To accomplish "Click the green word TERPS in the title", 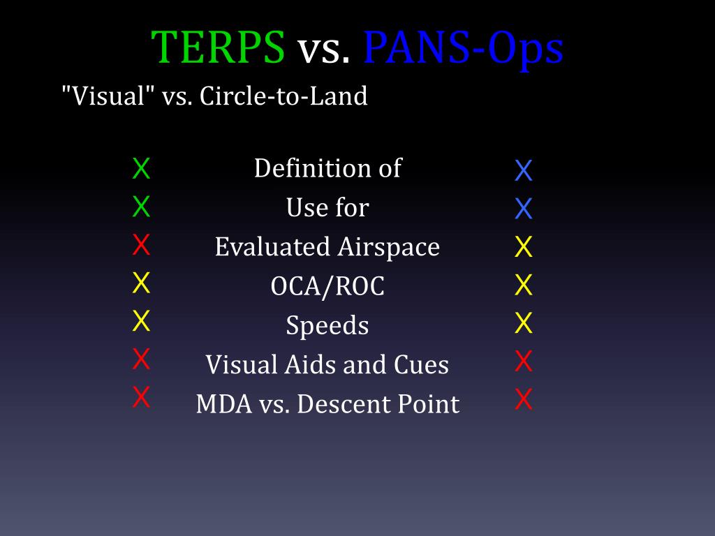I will pyautogui.click(x=218, y=47).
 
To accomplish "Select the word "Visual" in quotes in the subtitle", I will pyautogui.click(x=108, y=96).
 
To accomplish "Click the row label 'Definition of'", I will pyautogui.click(x=327, y=168).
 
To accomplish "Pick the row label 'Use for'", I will pyautogui.click(x=327, y=207).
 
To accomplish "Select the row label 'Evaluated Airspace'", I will pyautogui.click(x=327, y=247).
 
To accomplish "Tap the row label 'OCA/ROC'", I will pyautogui.click(x=327, y=286).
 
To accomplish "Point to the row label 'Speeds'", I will pyautogui.click(x=327, y=326).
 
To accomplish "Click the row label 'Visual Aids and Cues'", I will pyautogui.click(x=327, y=364).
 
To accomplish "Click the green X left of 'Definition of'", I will pyautogui.click(x=141, y=169).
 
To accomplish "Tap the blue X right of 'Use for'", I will pyautogui.click(x=524, y=209).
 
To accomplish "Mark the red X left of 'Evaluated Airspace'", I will pyautogui.click(x=141, y=246).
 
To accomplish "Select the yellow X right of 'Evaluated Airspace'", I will pyautogui.click(x=524, y=247).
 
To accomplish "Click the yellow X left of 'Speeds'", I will pyautogui.click(x=141, y=321).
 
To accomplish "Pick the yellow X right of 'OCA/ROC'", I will pyautogui.click(x=524, y=285).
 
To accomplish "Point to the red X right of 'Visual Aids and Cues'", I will pyautogui.click(x=524, y=362).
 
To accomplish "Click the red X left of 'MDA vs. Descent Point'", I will pyautogui.click(x=141, y=397).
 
